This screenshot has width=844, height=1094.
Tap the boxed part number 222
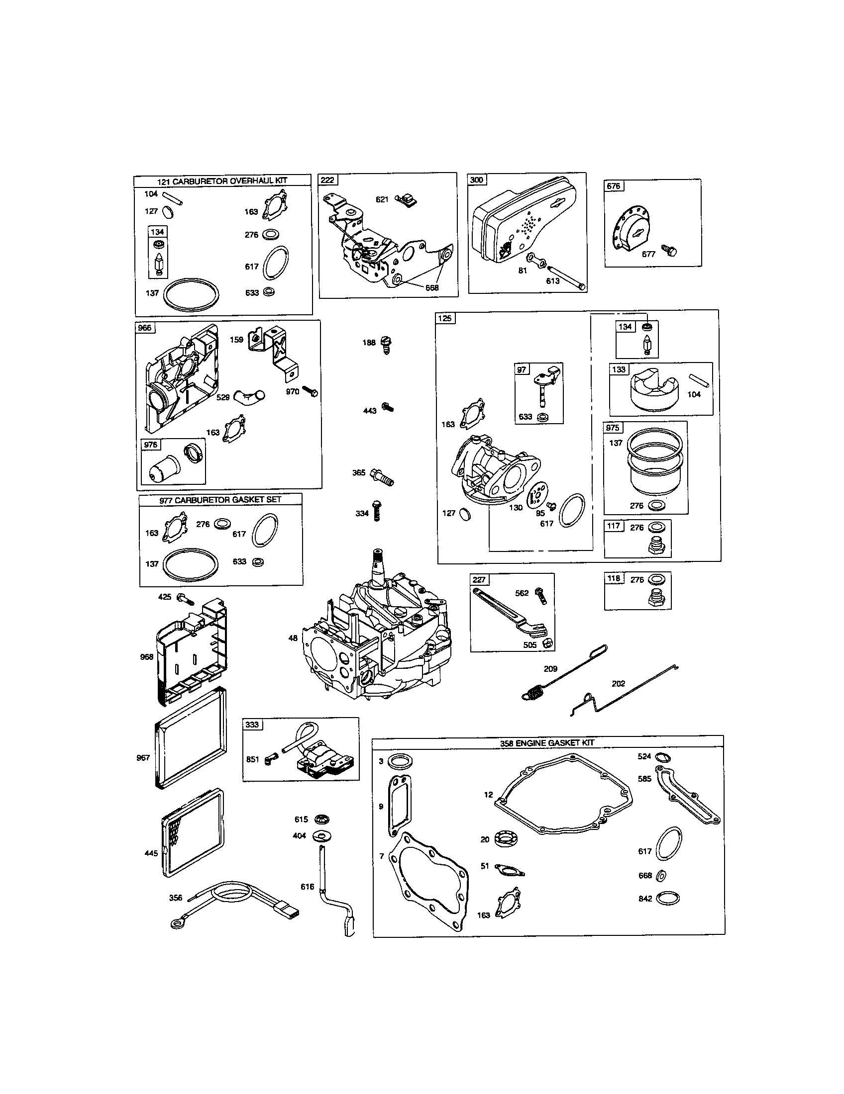tap(328, 180)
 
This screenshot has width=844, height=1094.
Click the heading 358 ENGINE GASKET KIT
tap(547, 742)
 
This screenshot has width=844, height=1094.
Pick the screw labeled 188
tap(386, 345)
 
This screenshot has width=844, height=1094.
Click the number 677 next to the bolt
tap(648, 254)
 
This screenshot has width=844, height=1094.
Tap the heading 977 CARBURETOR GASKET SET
tap(220, 499)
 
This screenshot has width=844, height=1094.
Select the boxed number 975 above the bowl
tap(613, 427)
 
